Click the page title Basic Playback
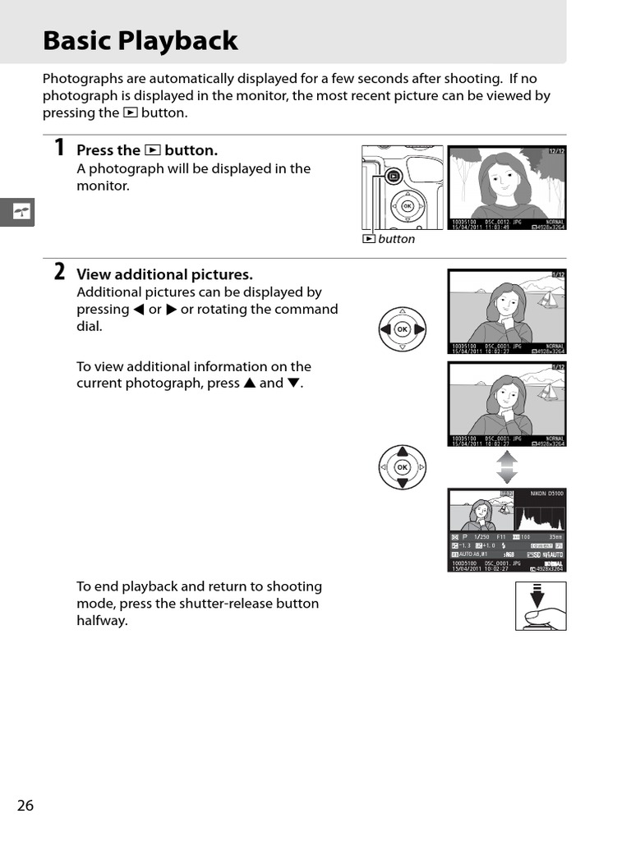[140, 40]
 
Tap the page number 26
[25, 805]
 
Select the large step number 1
[59, 148]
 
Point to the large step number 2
[59, 272]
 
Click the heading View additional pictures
[164, 274]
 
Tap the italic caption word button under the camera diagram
[397, 239]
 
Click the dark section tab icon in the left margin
[17, 212]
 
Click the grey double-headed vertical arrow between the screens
[507, 466]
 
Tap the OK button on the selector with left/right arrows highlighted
[403, 329]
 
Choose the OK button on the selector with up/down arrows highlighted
[403, 466]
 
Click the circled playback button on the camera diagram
[394, 175]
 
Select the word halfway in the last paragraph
[102, 621]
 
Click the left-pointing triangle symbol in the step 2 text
[138, 310]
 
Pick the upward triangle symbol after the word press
[248, 384]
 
